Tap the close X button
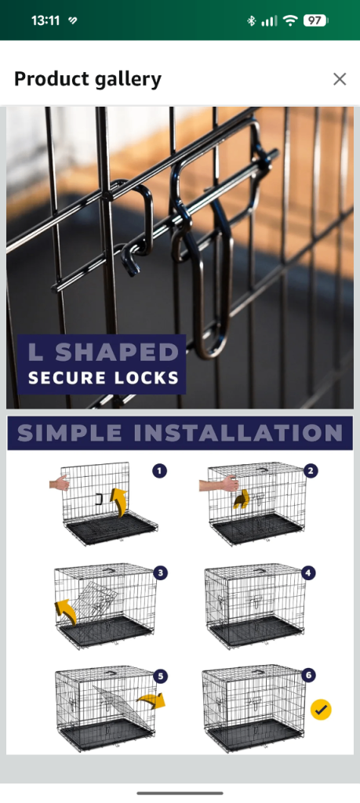tap(340, 79)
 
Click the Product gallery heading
tap(88, 79)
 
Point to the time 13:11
tap(45, 20)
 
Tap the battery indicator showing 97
tap(315, 20)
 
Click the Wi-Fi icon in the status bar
tap(290, 20)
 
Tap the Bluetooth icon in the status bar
tap(251, 20)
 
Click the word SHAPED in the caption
tap(118, 352)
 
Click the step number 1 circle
tap(160, 471)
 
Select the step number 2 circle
tap(311, 471)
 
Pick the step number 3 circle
tap(160, 572)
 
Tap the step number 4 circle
tap(307, 572)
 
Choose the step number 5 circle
tap(160, 677)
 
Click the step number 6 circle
tap(307, 675)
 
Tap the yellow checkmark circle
tap(321, 710)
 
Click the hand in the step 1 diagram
tap(60, 483)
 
